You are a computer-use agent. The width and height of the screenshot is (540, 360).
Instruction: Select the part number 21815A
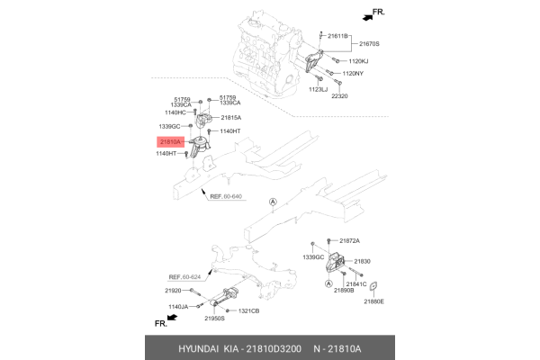(x=230, y=118)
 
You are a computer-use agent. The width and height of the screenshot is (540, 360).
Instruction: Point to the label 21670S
(x=370, y=43)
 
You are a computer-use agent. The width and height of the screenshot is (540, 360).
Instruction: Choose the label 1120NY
(x=354, y=73)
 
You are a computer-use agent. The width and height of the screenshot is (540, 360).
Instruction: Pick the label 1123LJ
(x=319, y=90)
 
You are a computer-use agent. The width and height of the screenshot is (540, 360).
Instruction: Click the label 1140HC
(x=174, y=112)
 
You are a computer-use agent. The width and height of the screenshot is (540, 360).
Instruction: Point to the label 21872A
(x=349, y=241)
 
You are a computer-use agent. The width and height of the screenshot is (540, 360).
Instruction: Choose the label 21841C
(x=356, y=283)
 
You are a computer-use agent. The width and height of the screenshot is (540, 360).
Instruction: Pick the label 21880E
(x=373, y=301)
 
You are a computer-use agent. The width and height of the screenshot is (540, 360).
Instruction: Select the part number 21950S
(x=214, y=319)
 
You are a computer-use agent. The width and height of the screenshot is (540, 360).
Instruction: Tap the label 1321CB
(x=248, y=310)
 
